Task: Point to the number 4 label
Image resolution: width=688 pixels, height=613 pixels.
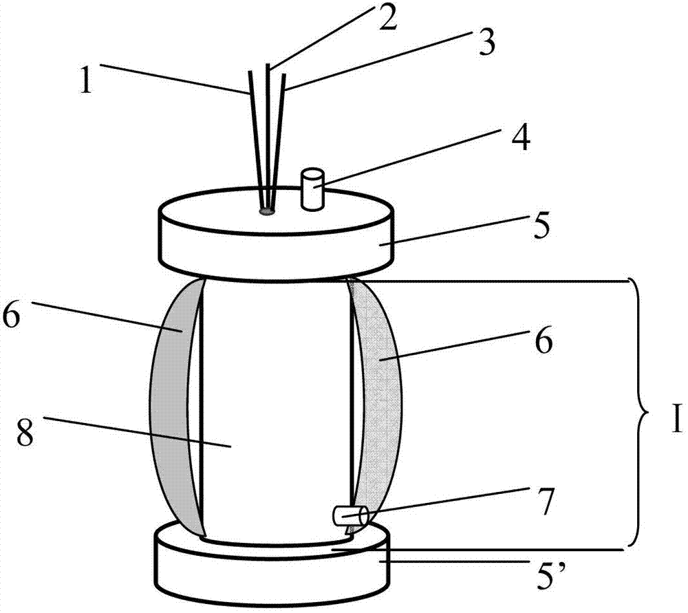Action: coord(520,140)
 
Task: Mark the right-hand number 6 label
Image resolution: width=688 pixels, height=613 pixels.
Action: coord(544,341)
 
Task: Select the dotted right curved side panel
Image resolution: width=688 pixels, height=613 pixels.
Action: coord(378,399)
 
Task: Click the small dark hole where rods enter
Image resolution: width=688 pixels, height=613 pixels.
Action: coord(267,211)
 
